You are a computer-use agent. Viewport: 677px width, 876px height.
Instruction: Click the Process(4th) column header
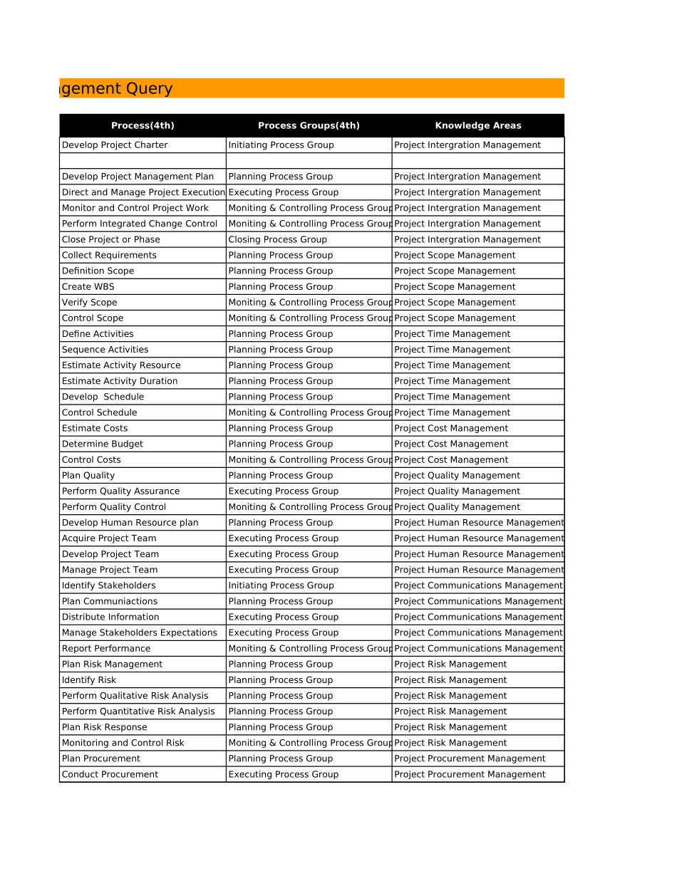[x=143, y=125]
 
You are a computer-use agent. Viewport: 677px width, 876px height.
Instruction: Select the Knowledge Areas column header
[x=477, y=125]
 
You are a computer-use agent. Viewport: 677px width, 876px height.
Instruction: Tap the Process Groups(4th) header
[x=309, y=125]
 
